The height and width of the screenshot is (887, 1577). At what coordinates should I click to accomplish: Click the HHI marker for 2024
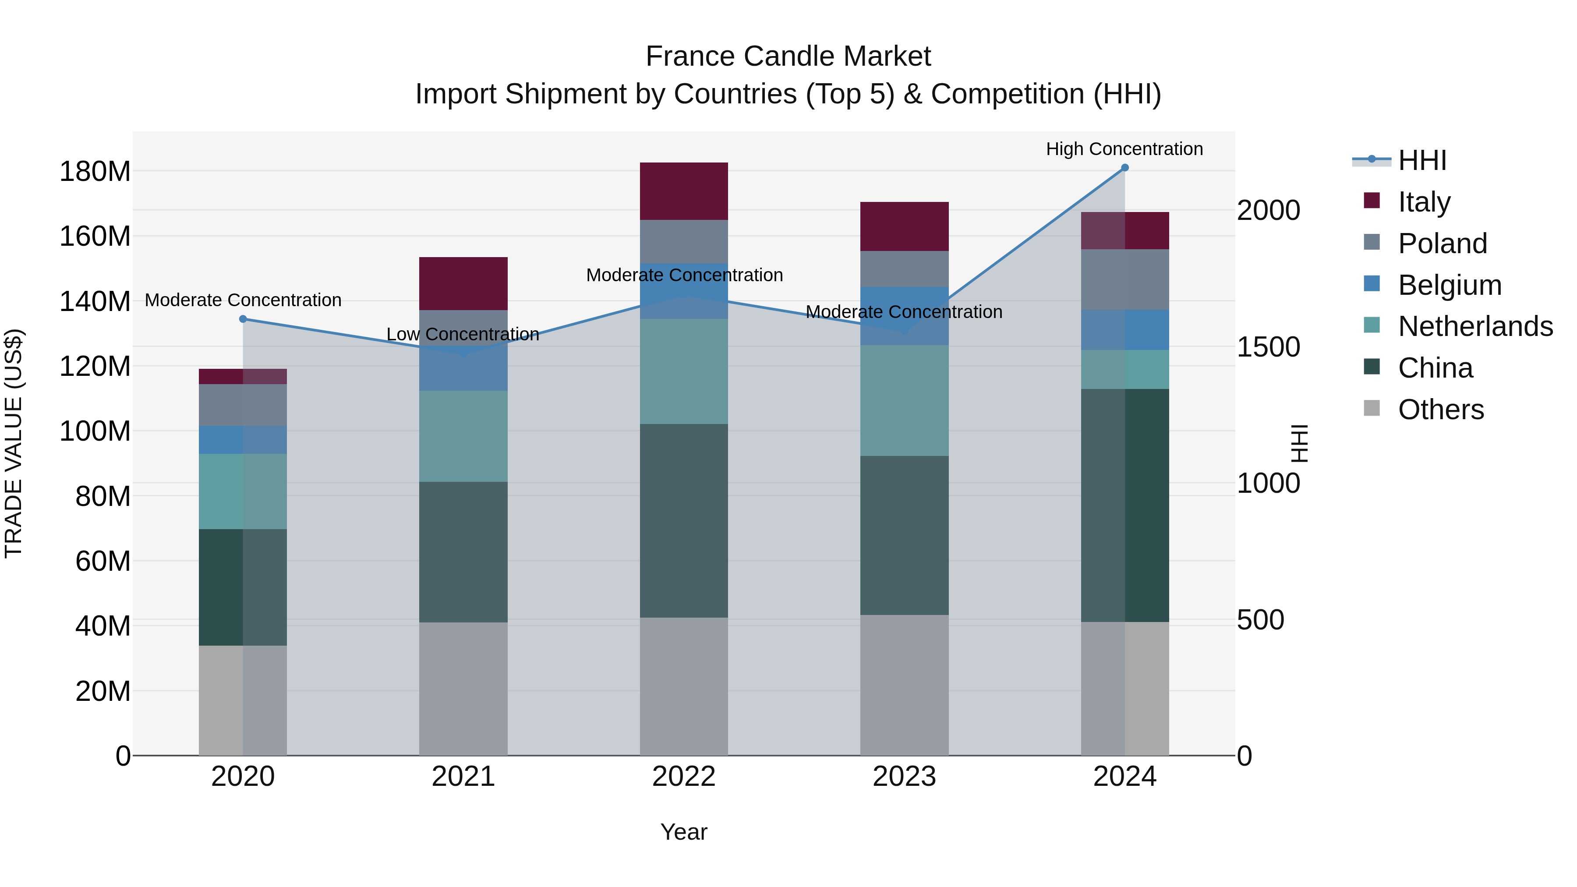point(1124,168)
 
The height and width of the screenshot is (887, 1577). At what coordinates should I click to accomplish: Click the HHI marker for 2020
point(243,319)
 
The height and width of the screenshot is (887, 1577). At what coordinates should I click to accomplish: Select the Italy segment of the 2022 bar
point(684,191)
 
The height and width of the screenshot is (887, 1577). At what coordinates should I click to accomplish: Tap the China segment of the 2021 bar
point(463,552)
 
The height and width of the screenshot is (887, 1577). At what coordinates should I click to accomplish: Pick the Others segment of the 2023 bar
point(904,685)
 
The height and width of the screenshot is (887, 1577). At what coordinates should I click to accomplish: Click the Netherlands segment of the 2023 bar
point(904,400)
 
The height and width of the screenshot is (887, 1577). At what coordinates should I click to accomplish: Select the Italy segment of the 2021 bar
point(463,283)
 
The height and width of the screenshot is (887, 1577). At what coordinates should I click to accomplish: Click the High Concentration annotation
point(1124,149)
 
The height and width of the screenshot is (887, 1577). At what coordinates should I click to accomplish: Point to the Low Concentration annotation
point(463,334)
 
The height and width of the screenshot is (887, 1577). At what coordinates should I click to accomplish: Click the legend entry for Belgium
point(1450,285)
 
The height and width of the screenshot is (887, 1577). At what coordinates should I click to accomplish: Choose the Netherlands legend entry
point(1475,326)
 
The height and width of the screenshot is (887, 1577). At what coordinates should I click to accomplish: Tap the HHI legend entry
point(1422,160)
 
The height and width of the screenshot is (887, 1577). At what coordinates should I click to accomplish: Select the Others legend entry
point(1440,410)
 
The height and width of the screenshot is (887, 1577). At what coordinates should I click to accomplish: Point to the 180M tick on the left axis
point(95,171)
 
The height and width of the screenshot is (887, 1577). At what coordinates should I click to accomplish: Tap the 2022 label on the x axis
point(684,777)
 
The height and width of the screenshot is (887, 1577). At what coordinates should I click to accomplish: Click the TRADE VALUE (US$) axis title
point(14,443)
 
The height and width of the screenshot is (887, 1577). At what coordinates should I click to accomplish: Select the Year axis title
point(684,832)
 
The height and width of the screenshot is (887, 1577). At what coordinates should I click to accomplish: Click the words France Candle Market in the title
point(788,57)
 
